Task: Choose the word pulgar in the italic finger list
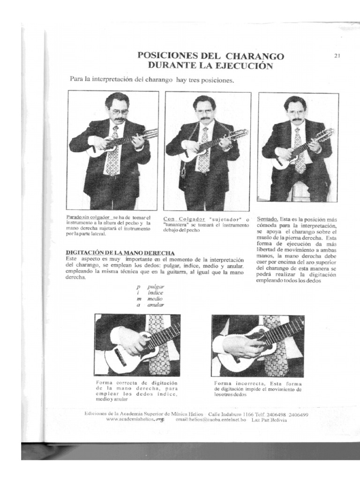point(155,285)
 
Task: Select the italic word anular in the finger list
point(156,305)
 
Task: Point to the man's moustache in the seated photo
point(296,120)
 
